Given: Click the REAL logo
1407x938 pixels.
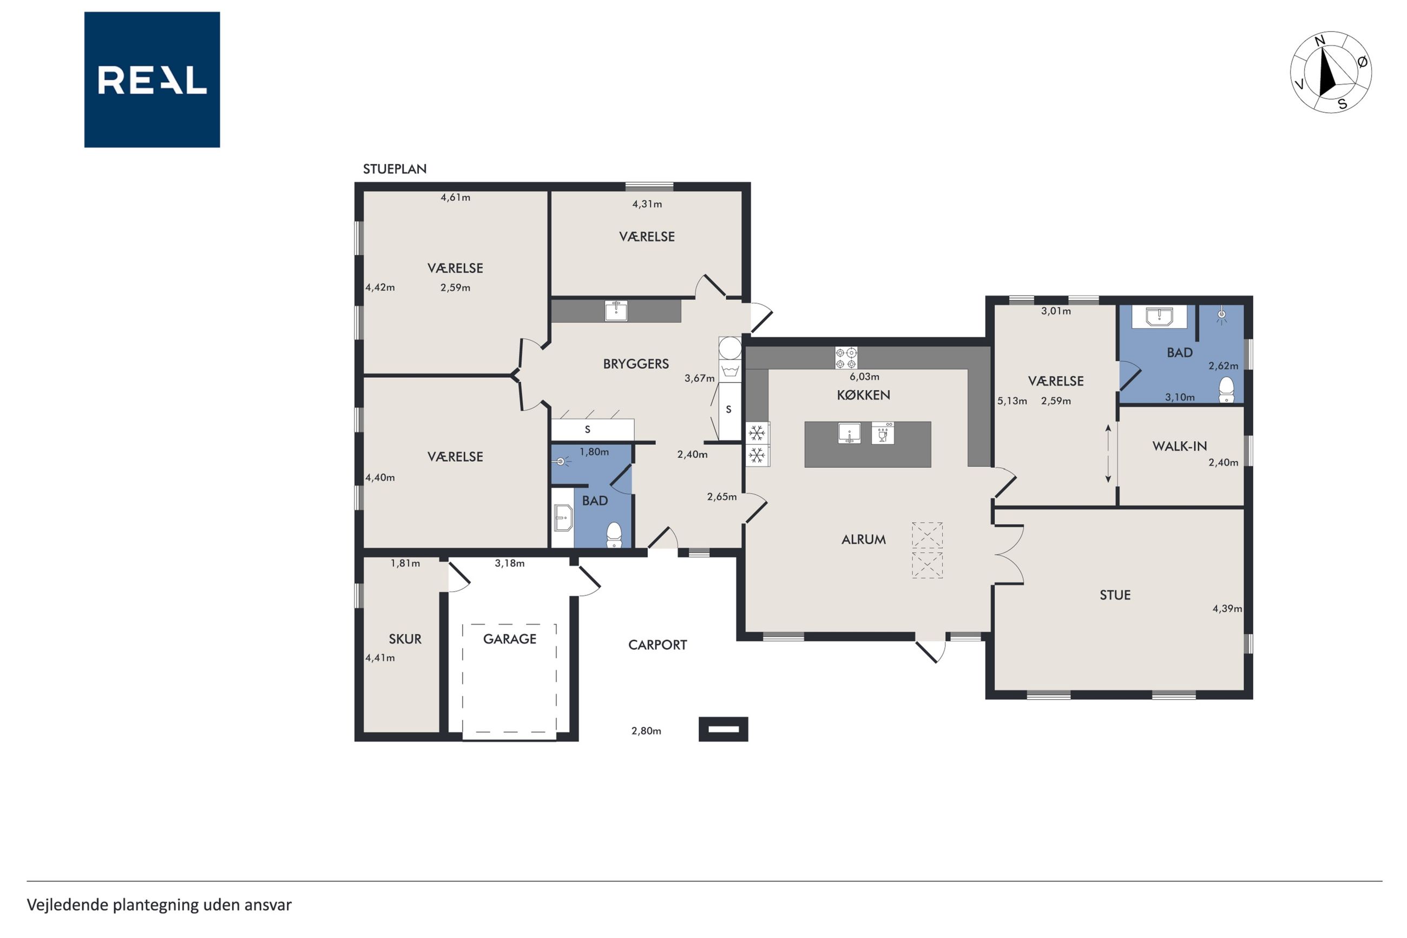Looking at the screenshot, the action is (152, 80).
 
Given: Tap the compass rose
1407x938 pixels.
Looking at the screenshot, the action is (1331, 72).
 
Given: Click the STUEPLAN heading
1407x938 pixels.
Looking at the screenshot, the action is (395, 169).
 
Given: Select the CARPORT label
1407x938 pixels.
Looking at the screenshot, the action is (657, 645).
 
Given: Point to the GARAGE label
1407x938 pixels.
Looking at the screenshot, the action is (509, 639).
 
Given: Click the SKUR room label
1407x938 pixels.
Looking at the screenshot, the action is (405, 639).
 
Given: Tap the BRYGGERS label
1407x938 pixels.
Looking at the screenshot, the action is (636, 364).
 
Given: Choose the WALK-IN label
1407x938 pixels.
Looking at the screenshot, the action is (1179, 445).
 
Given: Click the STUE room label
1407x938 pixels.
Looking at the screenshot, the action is (1115, 595).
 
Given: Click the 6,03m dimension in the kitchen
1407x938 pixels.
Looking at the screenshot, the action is (864, 377).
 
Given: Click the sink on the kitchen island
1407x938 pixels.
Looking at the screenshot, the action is (849, 433).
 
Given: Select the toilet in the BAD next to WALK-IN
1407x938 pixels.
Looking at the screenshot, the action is (1226, 390).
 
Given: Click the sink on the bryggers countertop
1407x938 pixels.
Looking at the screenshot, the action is (616, 311).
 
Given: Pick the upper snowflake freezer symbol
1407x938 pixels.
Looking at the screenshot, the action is (757, 433).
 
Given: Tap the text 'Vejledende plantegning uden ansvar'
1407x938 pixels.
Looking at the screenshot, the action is (159, 905).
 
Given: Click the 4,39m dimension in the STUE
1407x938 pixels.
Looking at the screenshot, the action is (1227, 609).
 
